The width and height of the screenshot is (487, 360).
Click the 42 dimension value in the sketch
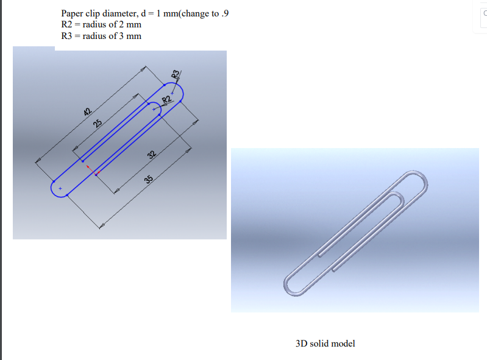(x=87, y=111)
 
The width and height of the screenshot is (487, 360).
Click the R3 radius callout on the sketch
(x=176, y=75)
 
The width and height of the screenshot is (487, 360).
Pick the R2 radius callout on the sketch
(x=166, y=100)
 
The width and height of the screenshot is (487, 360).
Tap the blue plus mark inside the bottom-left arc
(x=60, y=189)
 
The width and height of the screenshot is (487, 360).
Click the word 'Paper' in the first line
(x=73, y=13)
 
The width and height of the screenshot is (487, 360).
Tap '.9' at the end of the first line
(x=226, y=13)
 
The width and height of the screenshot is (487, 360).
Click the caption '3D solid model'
(x=325, y=344)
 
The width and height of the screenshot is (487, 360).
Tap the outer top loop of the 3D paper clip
(x=421, y=179)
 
